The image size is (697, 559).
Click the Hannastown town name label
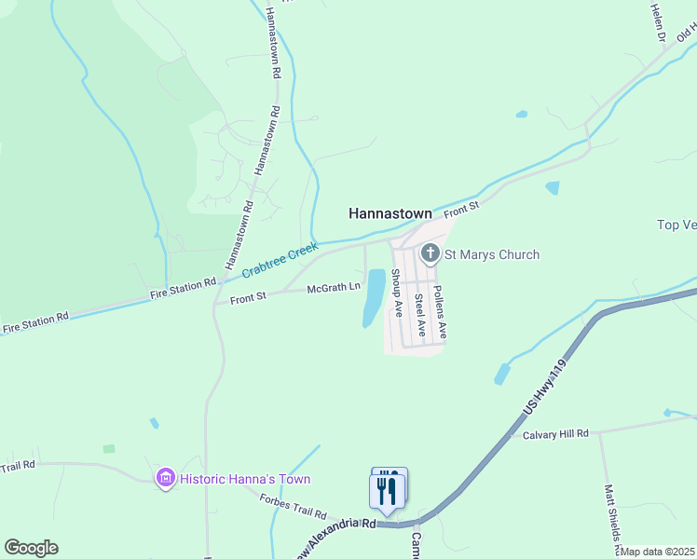(x=389, y=213)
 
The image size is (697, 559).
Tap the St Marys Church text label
(x=491, y=254)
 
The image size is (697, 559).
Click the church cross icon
(x=430, y=252)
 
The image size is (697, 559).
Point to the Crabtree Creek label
(x=280, y=260)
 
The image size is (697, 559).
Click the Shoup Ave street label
(x=396, y=293)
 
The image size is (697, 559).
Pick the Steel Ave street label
(x=419, y=314)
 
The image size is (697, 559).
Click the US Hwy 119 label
(x=546, y=390)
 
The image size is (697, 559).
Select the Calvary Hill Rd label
(x=555, y=434)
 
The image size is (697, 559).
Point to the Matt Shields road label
(x=612, y=516)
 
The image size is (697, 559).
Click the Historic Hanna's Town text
(x=245, y=479)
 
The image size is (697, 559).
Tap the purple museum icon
(x=166, y=479)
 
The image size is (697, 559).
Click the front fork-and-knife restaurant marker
(x=386, y=492)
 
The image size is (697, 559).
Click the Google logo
(x=31, y=547)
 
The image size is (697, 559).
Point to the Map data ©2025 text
(x=658, y=552)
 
